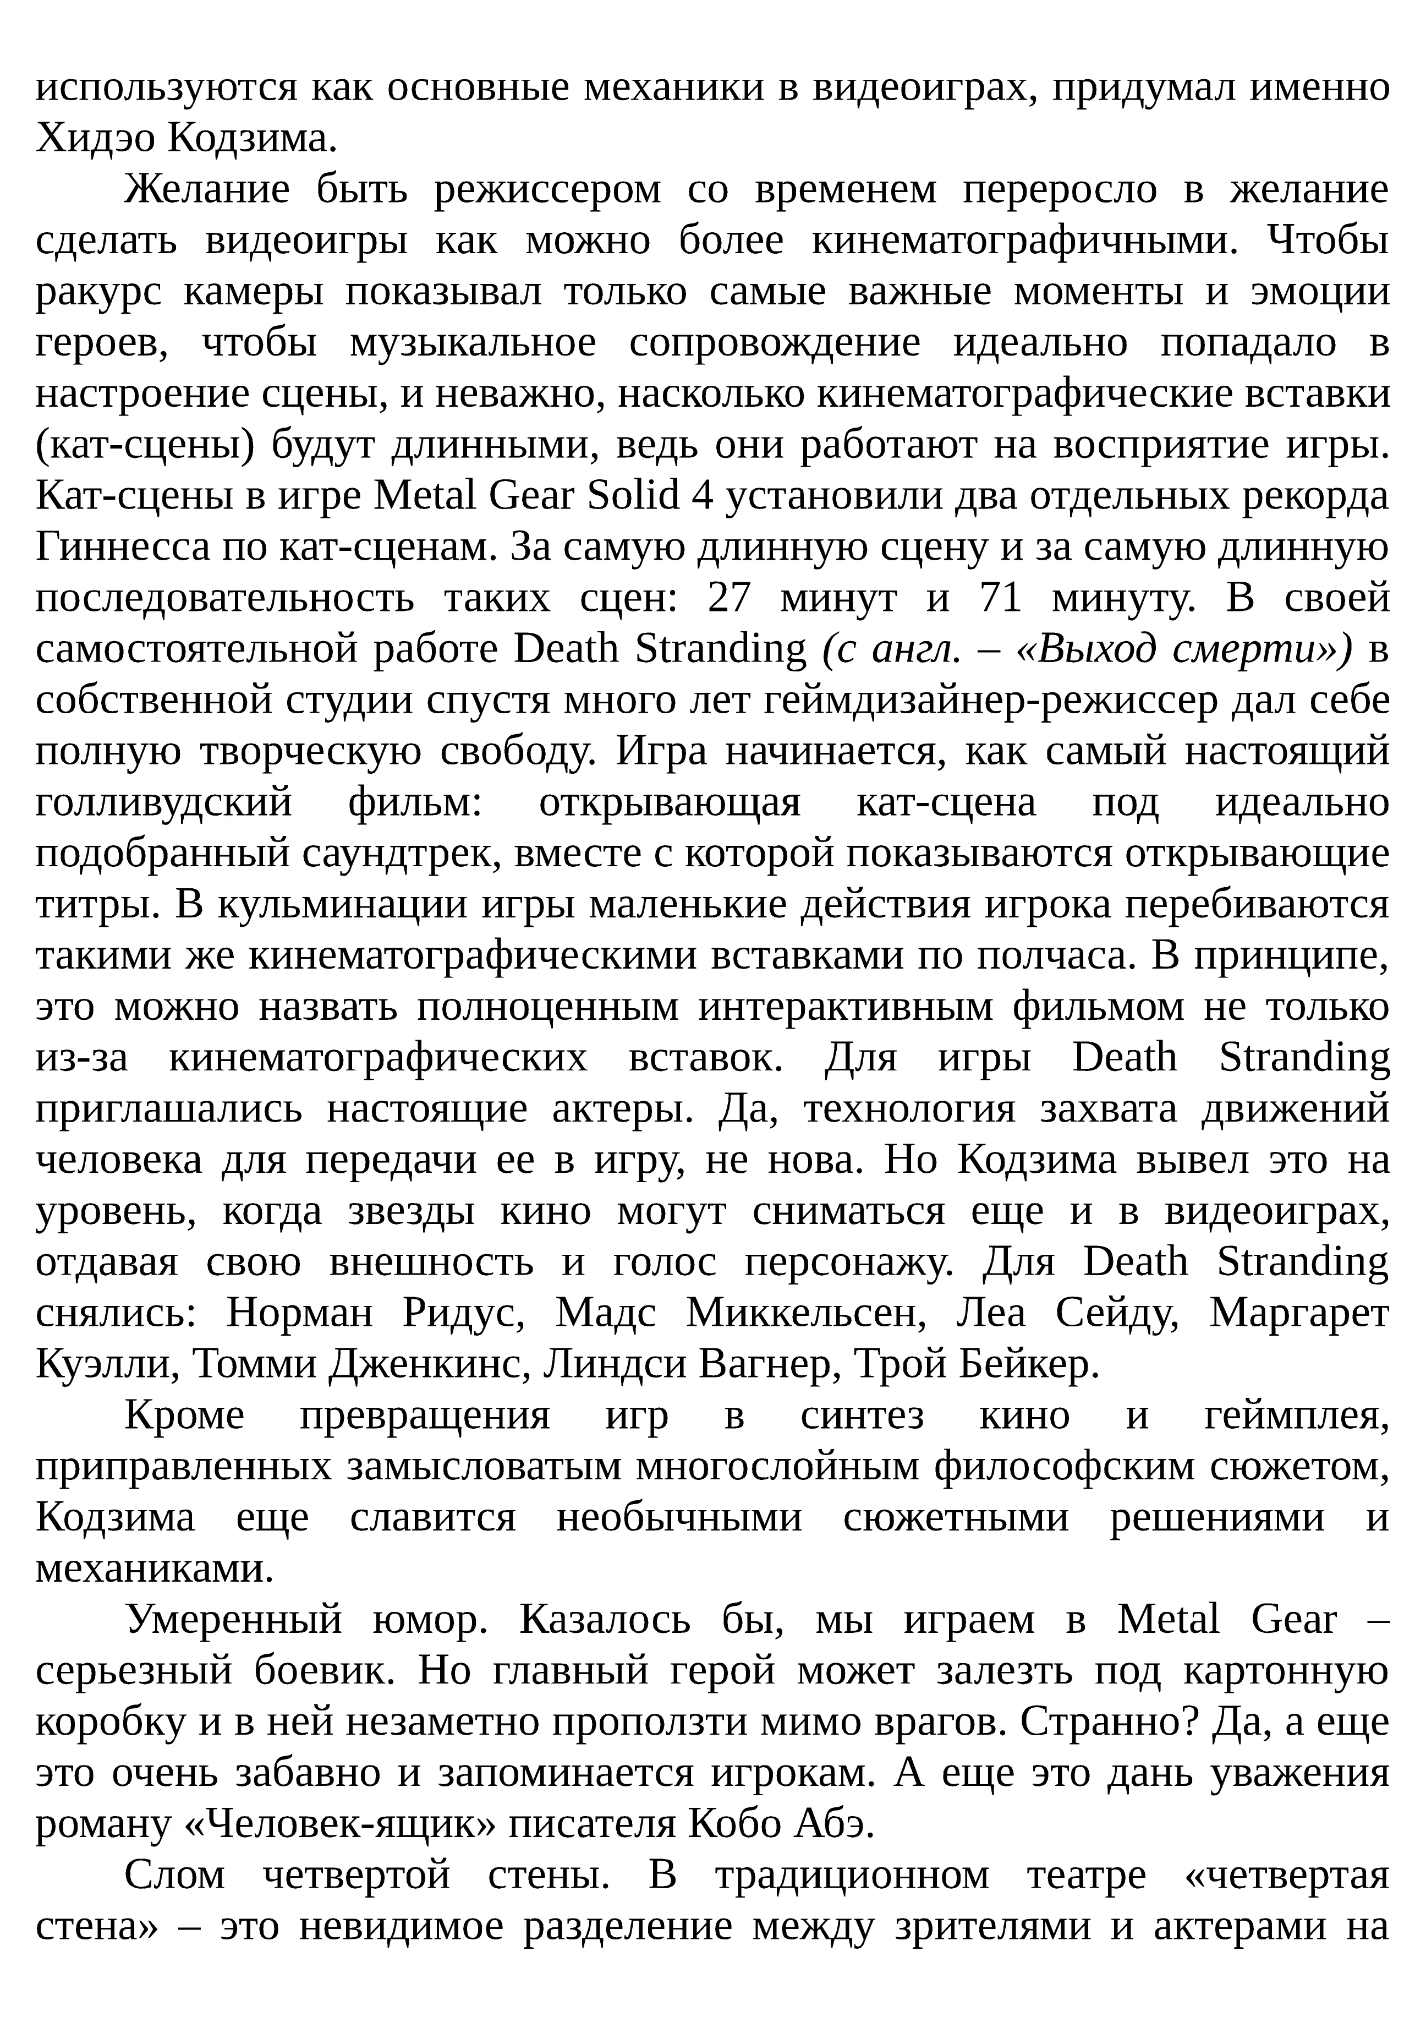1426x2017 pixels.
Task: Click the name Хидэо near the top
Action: click(x=92, y=138)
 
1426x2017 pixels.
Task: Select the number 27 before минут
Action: click(x=730, y=598)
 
